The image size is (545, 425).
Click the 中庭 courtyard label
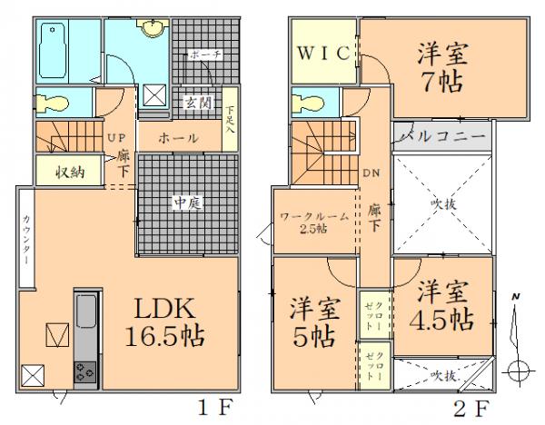tap(188, 204)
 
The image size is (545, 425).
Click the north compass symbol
tap(516, 341)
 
